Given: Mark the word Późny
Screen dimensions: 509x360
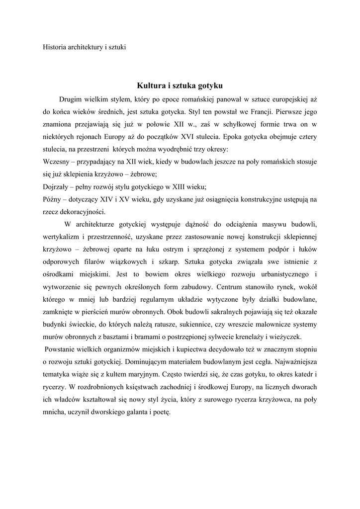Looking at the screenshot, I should point(53,199).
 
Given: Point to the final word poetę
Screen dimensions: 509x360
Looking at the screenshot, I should point(161,412).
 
